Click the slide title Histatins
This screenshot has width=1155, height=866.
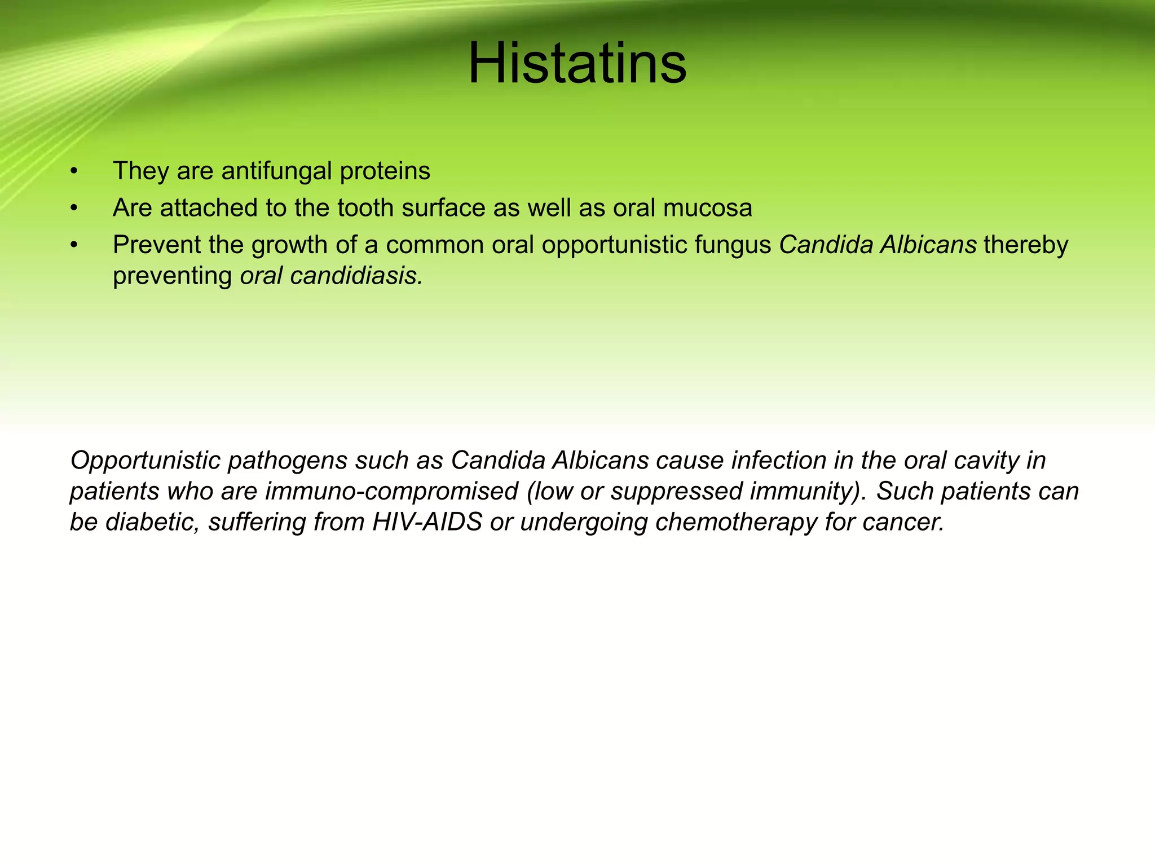pos(577,63)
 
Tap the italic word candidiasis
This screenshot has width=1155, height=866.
pos(356,276)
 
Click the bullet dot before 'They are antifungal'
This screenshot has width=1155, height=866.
pos(73,171)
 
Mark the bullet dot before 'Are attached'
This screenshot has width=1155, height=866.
pos(73,209)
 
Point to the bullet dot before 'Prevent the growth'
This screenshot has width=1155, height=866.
pos(73,245)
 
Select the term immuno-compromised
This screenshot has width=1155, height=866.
pos(391,492)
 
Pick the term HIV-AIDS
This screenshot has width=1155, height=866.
pos(427,522)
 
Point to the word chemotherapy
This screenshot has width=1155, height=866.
pos(735,522)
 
